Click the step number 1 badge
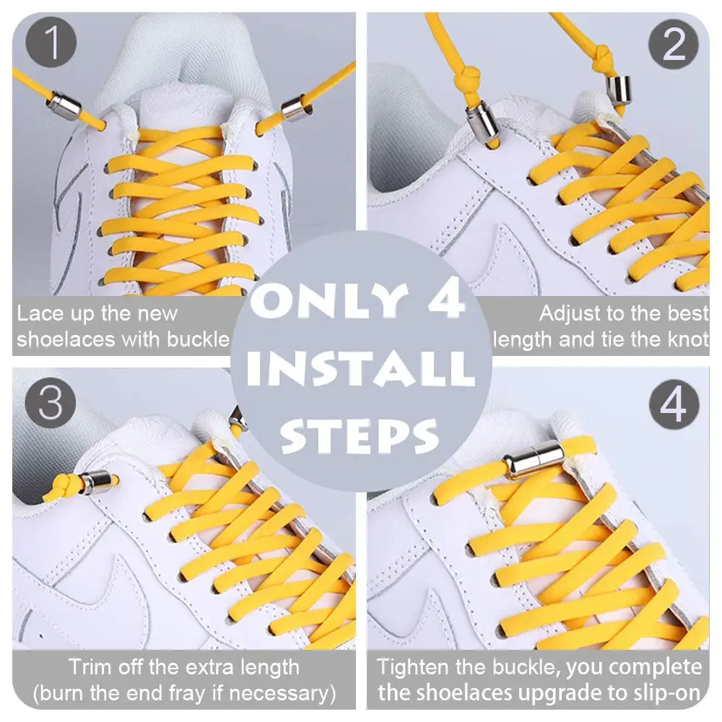coord(51,43)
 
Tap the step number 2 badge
coord(673,44)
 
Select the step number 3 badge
coord(51,403)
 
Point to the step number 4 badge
coord(674,404)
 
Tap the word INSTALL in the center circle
coord(360,368)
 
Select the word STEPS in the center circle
coord(359,435)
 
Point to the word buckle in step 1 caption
coord(198,339)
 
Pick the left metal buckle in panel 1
coord(64,106)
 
